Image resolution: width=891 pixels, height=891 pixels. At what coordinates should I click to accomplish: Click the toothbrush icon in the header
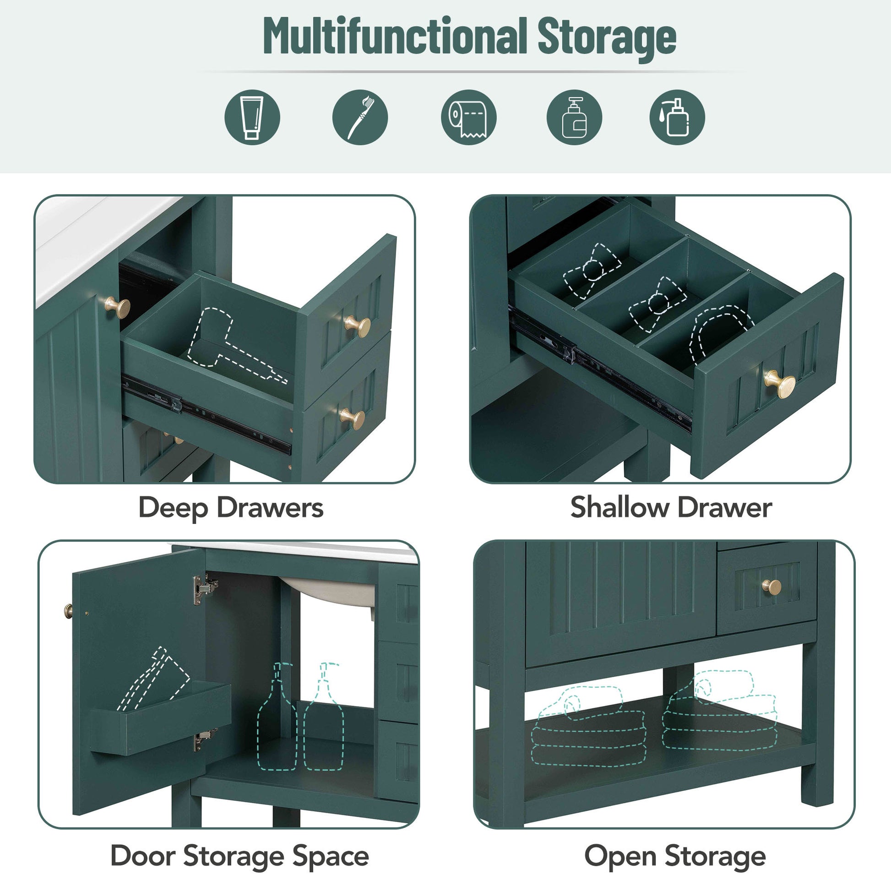click(360, 117)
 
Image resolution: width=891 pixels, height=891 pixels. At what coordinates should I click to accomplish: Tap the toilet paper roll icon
click(468, 117)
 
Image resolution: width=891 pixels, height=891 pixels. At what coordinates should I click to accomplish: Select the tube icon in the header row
click(252, 117)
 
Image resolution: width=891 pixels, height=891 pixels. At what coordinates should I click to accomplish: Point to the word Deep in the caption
click(173, 508)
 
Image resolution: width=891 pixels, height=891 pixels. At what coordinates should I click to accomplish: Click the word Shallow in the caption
click(619, 507)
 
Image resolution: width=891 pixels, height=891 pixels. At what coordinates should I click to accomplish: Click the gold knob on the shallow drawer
click(780, 384)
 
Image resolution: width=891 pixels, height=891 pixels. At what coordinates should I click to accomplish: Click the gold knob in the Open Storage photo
click(771, 587)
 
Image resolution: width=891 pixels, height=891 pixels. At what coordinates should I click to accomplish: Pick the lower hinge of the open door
click(205, 739)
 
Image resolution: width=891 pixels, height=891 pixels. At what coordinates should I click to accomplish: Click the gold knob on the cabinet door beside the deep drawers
click(118, 307)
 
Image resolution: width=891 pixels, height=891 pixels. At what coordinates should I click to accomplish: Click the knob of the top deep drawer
click(358, 326)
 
